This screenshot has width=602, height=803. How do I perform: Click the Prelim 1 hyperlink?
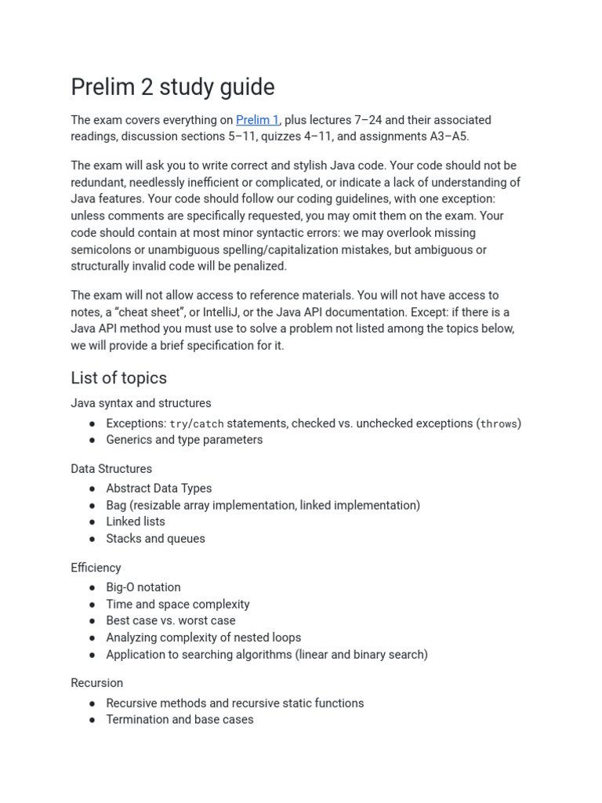point(257,120)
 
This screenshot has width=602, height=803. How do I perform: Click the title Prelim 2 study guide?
point(172,86)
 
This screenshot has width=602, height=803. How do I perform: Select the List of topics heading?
point(118,378)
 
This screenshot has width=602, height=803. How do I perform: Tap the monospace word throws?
point(499,423)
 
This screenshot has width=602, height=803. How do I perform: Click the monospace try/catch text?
point(197,423)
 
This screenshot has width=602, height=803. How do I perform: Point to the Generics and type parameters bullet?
point(184,440)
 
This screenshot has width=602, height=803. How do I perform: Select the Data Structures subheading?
point(111,469)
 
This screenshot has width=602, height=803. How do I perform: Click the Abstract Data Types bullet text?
point(159,489)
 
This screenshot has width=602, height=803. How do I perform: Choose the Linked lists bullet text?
point(136,521)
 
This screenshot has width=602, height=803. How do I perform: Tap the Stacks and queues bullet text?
point(155,539)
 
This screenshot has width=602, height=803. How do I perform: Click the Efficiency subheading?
point(96,568)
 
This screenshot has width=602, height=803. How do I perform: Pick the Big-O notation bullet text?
point(143,587)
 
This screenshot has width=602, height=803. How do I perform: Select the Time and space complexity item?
point(178,605)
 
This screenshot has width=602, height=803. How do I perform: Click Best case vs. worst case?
point(171,620)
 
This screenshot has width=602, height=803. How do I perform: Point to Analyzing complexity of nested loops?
point(203,638)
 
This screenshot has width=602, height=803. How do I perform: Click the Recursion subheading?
point(96,683)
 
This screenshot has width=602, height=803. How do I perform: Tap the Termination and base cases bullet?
point(180,719)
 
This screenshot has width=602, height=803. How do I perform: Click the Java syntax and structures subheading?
point(140,403)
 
